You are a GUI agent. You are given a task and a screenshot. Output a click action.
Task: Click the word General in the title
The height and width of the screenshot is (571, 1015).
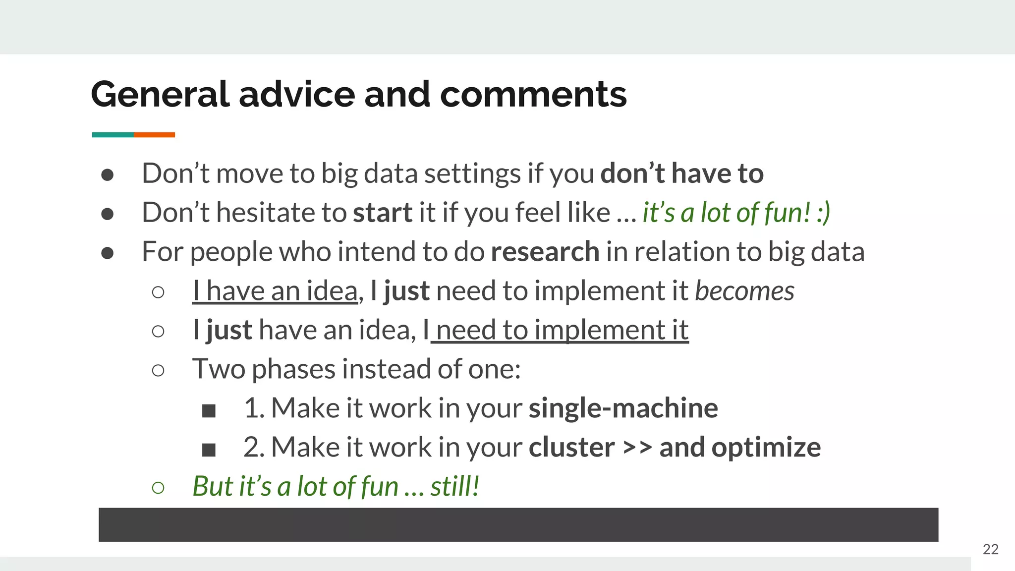(160, 94)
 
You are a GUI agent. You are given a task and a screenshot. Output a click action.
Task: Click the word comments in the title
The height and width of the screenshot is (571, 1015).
(533, 94)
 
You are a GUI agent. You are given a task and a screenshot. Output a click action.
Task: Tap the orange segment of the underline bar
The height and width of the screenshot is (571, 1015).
(154, 135)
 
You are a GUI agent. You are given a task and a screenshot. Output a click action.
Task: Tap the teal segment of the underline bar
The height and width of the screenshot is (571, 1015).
(113, 135)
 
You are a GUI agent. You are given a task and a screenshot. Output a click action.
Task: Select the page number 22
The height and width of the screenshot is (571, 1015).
(990, 549)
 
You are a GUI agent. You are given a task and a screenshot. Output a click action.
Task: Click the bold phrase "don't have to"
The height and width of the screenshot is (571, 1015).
(682, 173)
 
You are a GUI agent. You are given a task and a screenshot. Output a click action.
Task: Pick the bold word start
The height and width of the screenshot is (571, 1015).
(383, 213)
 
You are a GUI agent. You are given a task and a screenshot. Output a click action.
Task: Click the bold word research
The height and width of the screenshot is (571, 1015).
(545, 252)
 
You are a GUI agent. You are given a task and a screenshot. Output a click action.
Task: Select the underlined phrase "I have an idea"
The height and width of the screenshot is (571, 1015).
(275, 291)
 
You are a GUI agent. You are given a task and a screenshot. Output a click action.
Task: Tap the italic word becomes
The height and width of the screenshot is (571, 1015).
(744, 291)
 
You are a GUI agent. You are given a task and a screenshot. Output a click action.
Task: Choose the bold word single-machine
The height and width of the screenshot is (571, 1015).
(623, 408)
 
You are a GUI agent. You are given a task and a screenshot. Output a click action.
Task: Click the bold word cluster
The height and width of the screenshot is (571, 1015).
(571, 448)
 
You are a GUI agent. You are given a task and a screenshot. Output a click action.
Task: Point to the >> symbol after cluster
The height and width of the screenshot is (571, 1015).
(637, 448)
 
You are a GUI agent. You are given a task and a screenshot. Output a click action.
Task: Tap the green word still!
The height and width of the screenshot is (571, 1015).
(454, 487)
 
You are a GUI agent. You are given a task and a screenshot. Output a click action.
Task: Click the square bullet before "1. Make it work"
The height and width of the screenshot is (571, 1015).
(209, 411)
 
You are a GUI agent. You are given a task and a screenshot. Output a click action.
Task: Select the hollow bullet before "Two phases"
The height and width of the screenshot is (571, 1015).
(158, 370)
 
